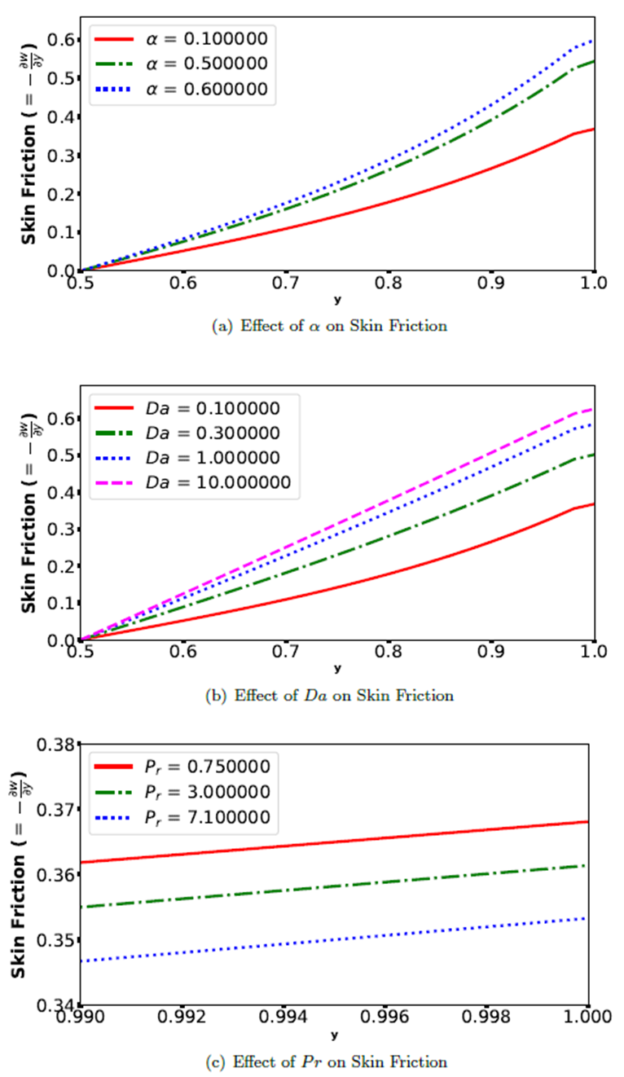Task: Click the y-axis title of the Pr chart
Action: pyautogui.click(x=24, y=873)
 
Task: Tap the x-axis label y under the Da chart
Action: pyautogui.click(x=337, y=668)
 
